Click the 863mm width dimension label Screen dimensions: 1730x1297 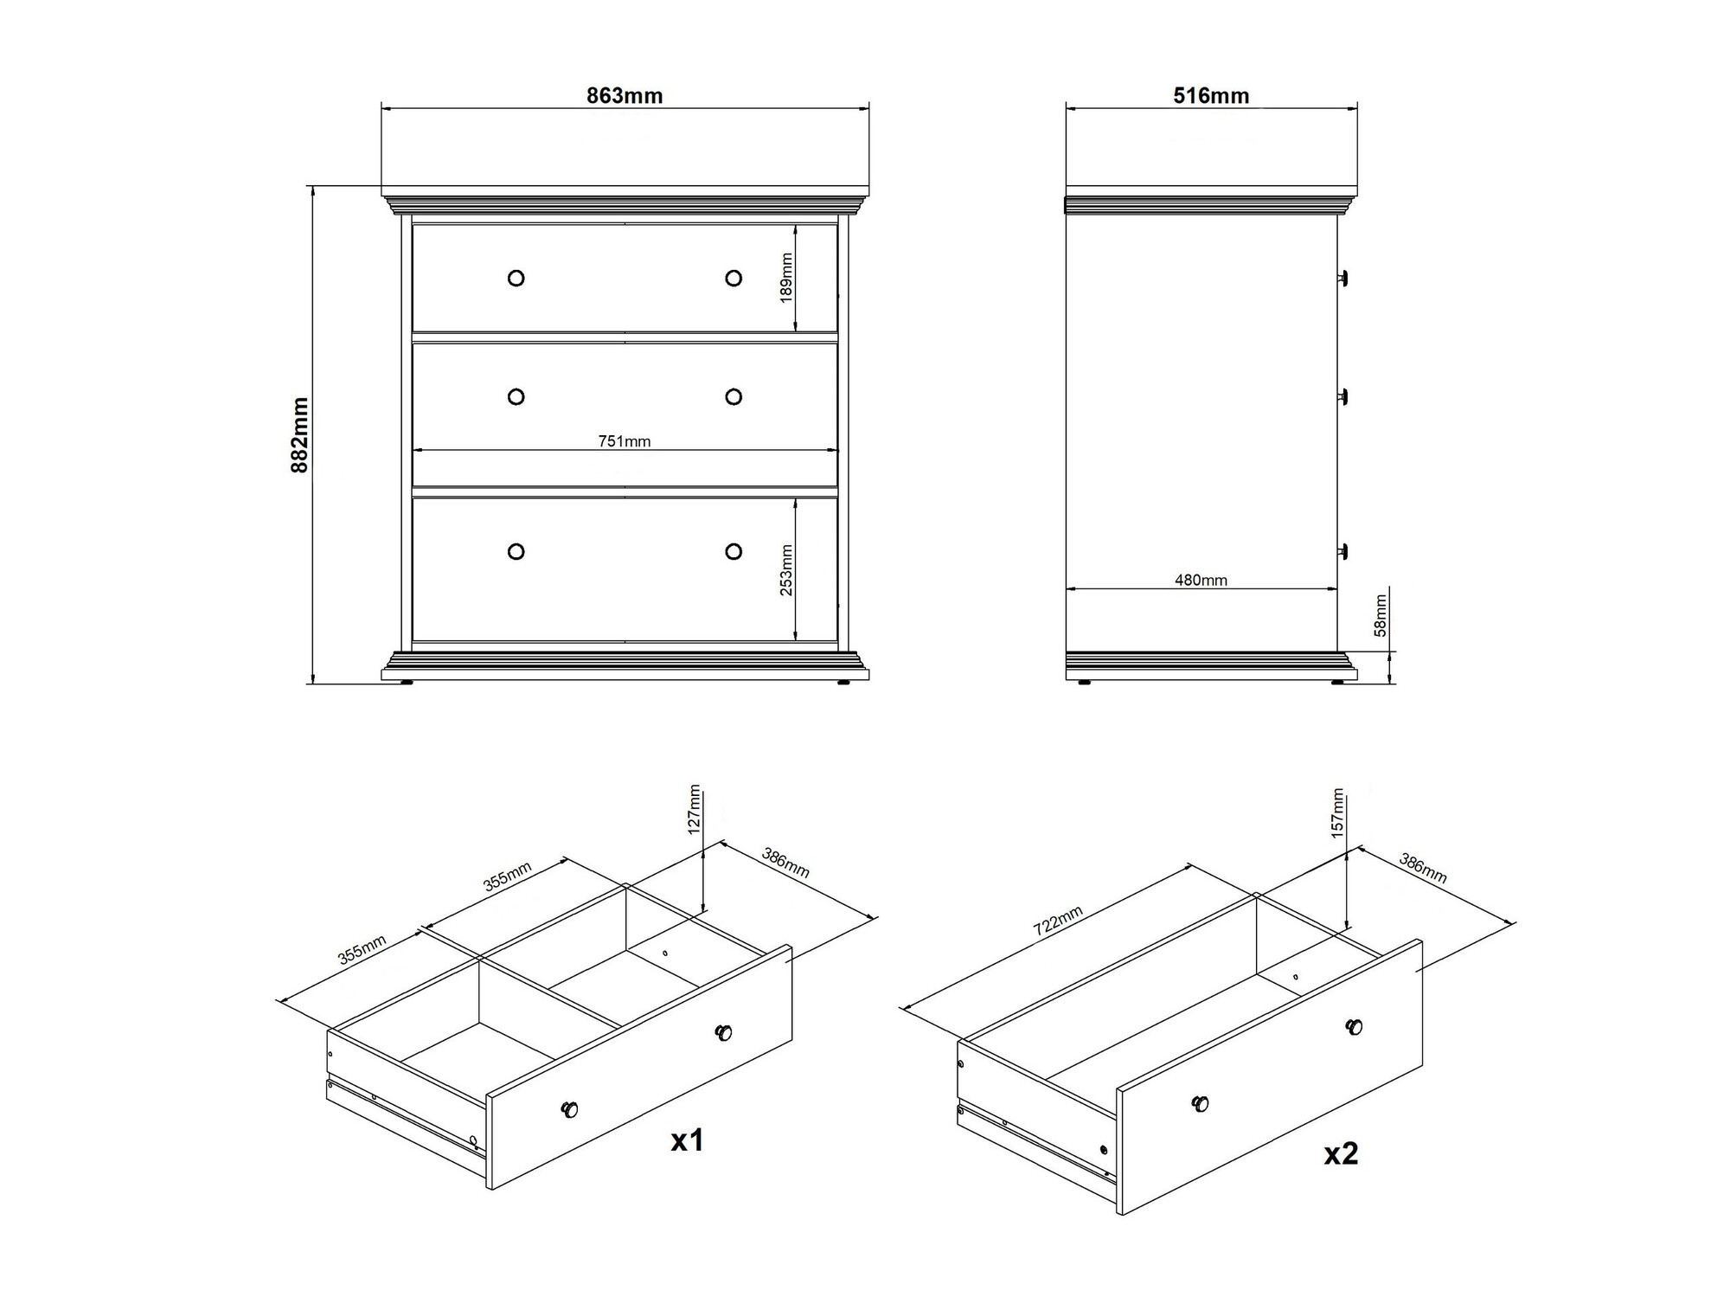click(x=625, y=95)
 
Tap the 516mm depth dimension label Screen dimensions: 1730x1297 click(x=1211, y=95)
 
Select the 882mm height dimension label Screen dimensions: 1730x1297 click(x=300, y=434)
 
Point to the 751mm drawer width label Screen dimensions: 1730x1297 click(x=625, y=441)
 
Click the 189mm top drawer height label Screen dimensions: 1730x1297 click(x=786, y=277)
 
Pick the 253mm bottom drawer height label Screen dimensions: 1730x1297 click(x=786, y=569)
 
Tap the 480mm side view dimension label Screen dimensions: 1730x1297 click(x=1201, y=580)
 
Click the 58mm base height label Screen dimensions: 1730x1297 click(x=1381, y=615)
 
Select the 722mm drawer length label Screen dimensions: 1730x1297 click(x=1058, y=921)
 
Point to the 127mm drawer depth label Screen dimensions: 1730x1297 click(x=694, y=809)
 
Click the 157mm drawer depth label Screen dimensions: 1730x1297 click(x=1337, y=812)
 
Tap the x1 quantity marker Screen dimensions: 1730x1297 click(x=688, y=1140)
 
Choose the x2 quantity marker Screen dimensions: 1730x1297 click(x=1341, y=1153)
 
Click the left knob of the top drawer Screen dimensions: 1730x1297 click(x=516, y=278)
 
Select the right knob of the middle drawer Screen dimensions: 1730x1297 click(x=734, y=396)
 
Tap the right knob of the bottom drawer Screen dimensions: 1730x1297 click(x=734, y=551)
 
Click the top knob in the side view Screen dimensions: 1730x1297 click(x=1342, y=278)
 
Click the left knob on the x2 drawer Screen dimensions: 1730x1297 click(x=1201, y=1103)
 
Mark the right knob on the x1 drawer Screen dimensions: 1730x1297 click(x=723, y=1032)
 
